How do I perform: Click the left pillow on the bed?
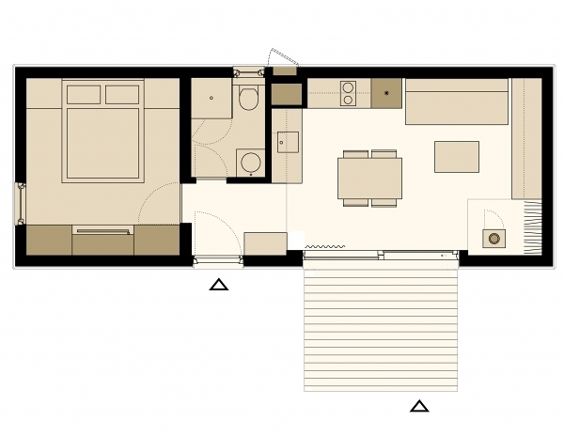coord(84,94)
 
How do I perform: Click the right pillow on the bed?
coord(122,94)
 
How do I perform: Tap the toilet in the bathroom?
coord(249,98)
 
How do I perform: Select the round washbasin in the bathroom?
coord(250,163)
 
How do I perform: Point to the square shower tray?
coord(211,98)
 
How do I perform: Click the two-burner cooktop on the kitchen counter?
coord(348,92)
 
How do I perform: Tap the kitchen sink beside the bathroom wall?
coord(288,143)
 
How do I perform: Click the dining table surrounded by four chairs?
coord(369,178)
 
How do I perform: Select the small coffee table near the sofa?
coord(457,156)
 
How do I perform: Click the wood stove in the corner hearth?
coord(493,239)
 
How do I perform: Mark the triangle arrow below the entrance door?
coord(218,284)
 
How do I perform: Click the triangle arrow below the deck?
coord(419,406)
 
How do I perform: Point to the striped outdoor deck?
coord(380,329)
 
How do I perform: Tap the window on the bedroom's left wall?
coord(19,202)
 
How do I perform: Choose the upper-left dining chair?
coord(355,153)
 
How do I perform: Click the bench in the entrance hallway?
coord(265,242)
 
